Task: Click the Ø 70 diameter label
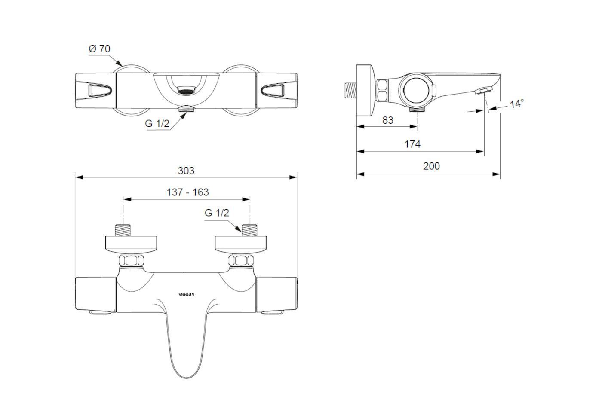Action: click(x=99, y=49)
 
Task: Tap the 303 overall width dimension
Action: click(x=186, y=171)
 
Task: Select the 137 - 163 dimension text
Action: click(x=187, y=192)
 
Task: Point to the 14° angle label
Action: click(x=517, y=104)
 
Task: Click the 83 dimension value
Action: click(x=388, y=120)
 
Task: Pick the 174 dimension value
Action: click(x=412, y=144)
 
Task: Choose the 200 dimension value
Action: click(x=431, y=166)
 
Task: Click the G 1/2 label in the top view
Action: click(x=157, y=124)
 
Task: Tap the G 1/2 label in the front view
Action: click(x=217, y=213)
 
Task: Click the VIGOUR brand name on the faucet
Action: click(x=187, y=294)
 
